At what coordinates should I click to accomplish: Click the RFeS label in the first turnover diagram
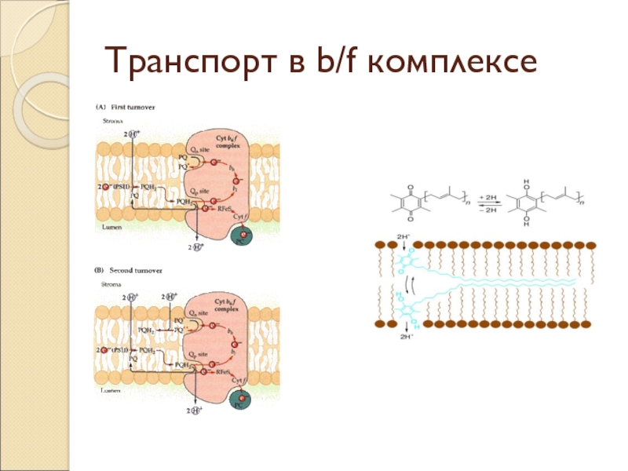point(228,206)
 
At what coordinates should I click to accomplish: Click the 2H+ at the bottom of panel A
point(195,247)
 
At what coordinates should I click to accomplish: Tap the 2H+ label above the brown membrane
point(404,235)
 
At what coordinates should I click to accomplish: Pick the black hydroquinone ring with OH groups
point(525,204)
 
